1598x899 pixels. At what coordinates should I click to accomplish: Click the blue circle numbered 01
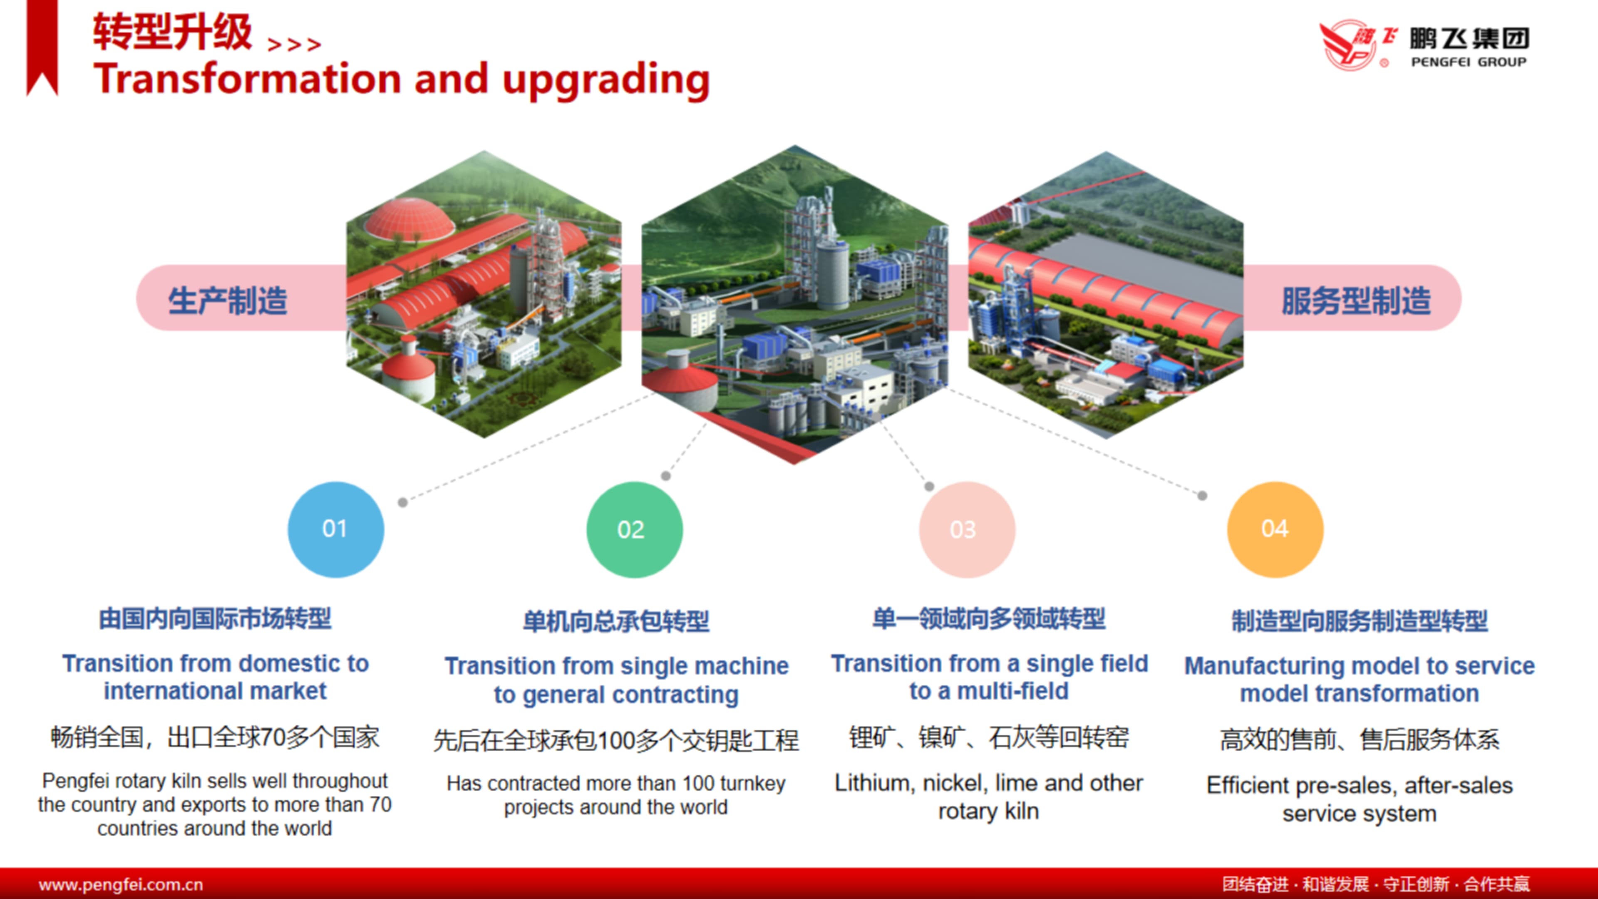[335, 529]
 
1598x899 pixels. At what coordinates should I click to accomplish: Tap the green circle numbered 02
[635, 529]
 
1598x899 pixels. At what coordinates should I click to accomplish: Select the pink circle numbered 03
[967, 529]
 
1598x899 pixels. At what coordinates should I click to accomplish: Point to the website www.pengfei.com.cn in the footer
[121, 884]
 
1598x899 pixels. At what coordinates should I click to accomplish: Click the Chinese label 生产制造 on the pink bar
[228, 301]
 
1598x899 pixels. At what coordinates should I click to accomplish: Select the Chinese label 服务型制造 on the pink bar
[1356, 301]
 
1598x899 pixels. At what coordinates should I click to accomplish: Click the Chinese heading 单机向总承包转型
[616, 621]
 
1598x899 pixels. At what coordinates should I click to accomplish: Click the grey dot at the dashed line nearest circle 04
[1202, 496]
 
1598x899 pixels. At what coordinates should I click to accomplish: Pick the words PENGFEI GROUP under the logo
[1468, 62]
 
